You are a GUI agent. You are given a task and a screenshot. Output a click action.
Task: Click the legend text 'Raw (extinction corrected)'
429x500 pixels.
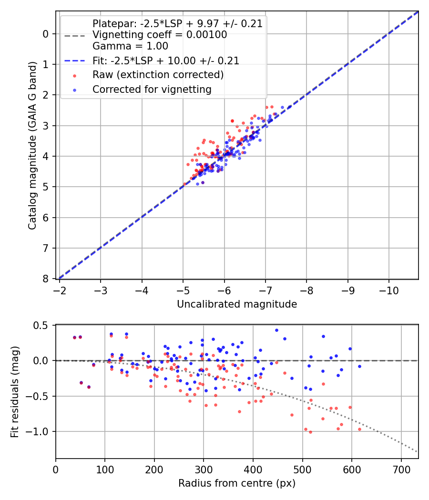158,75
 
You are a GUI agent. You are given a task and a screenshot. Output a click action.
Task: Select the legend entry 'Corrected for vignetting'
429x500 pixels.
152,89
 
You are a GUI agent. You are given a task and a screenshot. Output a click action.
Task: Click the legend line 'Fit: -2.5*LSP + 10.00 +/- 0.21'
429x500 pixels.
74,61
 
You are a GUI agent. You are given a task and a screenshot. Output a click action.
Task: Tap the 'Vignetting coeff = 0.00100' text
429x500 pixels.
160,35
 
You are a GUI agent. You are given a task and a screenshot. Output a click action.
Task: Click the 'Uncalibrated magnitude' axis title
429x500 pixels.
237,304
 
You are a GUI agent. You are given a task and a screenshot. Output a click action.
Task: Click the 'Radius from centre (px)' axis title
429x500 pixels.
237,483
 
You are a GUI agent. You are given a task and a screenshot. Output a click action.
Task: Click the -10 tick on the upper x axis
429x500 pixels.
388,290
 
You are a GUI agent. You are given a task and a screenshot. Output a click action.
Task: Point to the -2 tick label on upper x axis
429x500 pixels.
60,290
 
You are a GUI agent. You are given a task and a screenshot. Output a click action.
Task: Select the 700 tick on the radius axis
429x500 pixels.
401,469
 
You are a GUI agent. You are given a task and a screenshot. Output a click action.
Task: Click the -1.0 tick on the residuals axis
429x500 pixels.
40,431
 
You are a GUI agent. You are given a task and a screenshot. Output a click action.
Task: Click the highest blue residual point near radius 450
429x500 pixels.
276,330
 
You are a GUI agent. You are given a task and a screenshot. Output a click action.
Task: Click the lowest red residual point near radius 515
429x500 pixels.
310,432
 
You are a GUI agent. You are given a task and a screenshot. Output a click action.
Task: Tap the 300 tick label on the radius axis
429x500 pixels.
204,469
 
